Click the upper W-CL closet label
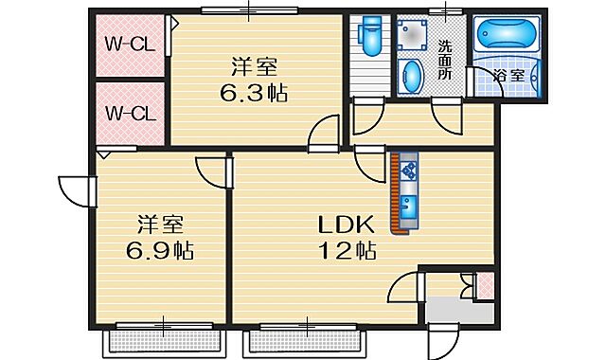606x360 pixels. pos(130,44)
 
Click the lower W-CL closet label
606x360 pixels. pos(130,114)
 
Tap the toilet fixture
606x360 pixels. pos(368,41)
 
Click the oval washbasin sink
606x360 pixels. pos(412,76)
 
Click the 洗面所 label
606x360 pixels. pos(446,60)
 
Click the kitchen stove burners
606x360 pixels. pos(409,171)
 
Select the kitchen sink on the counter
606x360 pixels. pos(409,207)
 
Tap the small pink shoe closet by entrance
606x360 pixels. pos(484,285)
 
